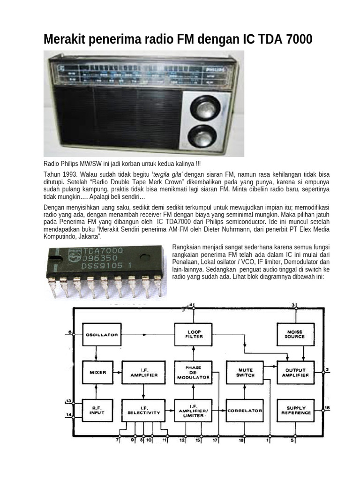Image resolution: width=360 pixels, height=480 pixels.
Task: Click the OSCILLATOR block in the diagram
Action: click(101, 335)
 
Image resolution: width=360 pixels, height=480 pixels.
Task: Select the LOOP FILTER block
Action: click(194, 335)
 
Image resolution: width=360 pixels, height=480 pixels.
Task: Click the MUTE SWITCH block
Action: click(245, 372)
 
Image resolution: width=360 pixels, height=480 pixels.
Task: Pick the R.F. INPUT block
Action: click(97, 411)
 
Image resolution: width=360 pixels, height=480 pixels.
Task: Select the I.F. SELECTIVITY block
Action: click(143, 411)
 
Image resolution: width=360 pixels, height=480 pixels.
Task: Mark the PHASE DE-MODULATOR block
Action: click(194, 372)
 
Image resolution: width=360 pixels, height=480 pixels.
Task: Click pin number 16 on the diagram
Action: click(327, 408)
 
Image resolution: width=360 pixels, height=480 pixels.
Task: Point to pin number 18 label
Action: click(242, 441)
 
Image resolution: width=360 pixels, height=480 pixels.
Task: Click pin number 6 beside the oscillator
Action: click(70, 332)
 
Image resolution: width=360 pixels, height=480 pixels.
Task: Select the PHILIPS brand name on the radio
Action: click(216, 69)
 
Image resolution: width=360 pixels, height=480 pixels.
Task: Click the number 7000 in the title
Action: click(297, 39)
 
